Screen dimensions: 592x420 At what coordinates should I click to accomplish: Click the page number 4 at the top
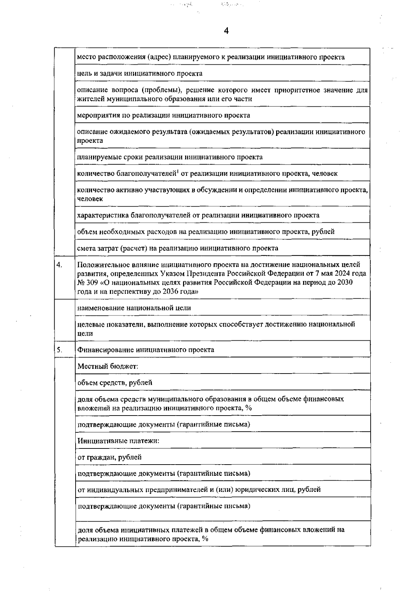point(226,31)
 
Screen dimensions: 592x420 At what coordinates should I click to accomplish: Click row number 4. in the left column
point(59,265)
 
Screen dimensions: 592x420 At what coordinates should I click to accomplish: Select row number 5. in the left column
point(59,349)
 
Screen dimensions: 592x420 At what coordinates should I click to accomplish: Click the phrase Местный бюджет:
point(108,366)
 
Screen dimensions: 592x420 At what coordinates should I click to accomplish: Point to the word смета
point(86,248)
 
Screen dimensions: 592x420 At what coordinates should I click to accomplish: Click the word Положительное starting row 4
point(101,265)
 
